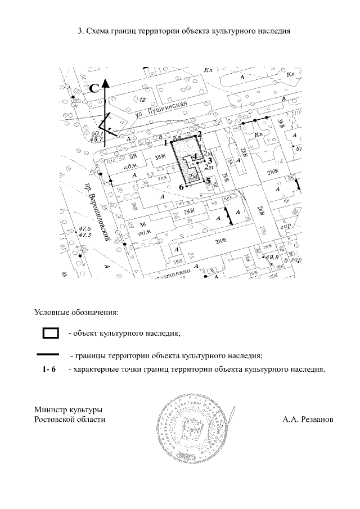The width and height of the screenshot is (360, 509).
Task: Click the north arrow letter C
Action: (x=95, y=87)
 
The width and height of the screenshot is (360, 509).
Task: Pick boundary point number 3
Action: (x=205, y=160)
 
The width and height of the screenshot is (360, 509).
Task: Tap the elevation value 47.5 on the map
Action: (x=85, y=228)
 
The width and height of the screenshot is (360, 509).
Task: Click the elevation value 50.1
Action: (x=96, y=133)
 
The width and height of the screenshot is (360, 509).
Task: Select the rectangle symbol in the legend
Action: (x=51, y=333)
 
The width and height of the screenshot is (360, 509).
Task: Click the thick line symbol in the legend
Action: (x=48, y=355)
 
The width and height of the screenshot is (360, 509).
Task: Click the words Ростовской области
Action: (x=69, y=420)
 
